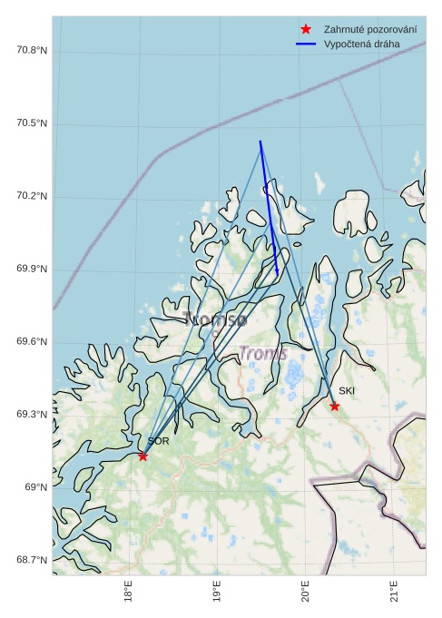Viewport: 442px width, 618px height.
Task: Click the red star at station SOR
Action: pyautogui.click(x=142, y=456)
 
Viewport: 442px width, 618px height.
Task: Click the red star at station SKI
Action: pyautogui.click(x=335, y=406)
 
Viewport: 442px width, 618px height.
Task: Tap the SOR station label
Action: pyautogui.click(x=158, y=441)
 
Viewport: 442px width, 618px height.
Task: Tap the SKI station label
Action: pyautogui.click(x=347, y=391)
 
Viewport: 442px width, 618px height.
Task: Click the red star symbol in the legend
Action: pyautogui.click(x=305, y=30)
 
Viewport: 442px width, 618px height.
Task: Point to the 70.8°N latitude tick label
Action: pyautogui.click(x=31, y=50)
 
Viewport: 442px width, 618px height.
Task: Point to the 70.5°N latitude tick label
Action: pyautogui.click(x=31, y=123)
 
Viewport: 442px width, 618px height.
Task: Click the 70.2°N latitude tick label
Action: pyautogui.click(x=31, y=197)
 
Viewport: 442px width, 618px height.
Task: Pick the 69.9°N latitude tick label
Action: pyautogui.click(x=31, y=270)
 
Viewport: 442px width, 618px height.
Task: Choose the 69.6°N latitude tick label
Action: pyautogui.click(x=31, y=342)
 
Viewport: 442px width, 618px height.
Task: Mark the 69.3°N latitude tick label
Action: pyautogui.click(x=31, y=415)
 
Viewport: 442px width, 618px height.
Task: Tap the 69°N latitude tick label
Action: pyautogui.click(x=35, y=487)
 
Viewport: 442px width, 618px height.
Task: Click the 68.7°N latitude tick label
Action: pyautogui.click(x=31, y=560)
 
